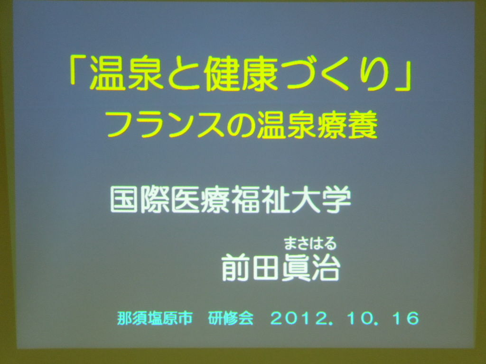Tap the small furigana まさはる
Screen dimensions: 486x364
[310, 243]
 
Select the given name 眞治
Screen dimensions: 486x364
[310, 267]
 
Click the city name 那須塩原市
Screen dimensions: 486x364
[155, 318]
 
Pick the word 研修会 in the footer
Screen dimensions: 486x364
[231, 318]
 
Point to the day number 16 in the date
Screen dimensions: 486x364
[405, 318]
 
